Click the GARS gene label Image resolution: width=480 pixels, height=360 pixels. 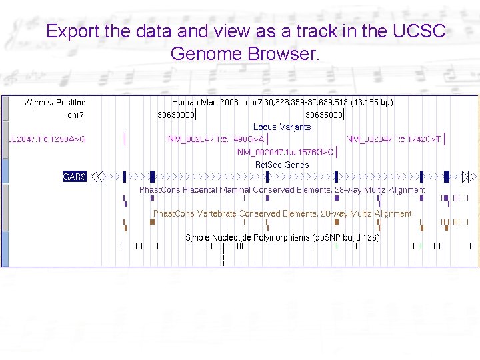75,177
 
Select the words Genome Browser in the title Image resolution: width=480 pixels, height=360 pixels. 245,53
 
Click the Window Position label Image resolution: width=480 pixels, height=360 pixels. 55,103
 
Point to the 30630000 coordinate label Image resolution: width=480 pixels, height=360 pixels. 176,115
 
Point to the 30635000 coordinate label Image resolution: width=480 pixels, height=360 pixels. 324,115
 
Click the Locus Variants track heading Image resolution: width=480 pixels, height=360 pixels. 282,127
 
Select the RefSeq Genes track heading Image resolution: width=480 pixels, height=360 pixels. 282,165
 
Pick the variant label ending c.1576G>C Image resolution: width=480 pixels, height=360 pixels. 285,152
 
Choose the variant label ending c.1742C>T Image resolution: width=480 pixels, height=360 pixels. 394,139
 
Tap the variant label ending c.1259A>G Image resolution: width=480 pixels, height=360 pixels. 47,139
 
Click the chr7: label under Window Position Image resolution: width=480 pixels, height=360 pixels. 77,115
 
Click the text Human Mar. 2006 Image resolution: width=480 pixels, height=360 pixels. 205,103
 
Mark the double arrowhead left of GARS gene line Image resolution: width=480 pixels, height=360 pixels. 97,177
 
